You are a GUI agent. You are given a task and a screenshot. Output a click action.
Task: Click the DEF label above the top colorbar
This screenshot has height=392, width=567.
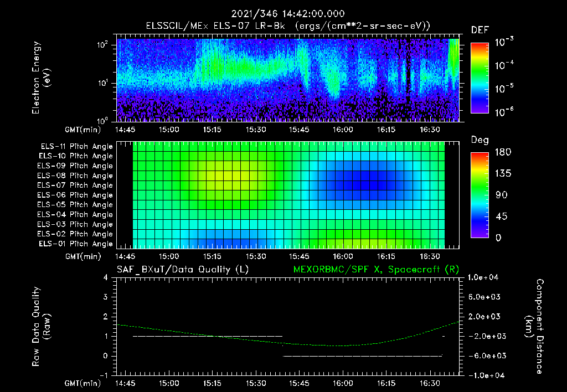tap(480, 30)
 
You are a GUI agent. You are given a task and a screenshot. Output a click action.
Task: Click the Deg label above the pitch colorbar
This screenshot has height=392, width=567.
tap(480, 140)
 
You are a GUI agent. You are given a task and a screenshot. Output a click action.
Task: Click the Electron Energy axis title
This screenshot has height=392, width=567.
tap(42, 79)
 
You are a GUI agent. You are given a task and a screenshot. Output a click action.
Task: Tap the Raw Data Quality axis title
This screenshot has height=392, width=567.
tap(42, 327)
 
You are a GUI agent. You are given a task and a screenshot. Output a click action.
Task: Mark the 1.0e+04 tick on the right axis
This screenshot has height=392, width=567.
tap(484, 277)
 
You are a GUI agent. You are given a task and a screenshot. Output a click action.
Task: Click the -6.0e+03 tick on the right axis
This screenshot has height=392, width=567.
tap(484, 355)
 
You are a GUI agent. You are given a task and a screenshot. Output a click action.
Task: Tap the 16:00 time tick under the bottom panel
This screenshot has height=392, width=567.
tap(343, 383)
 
